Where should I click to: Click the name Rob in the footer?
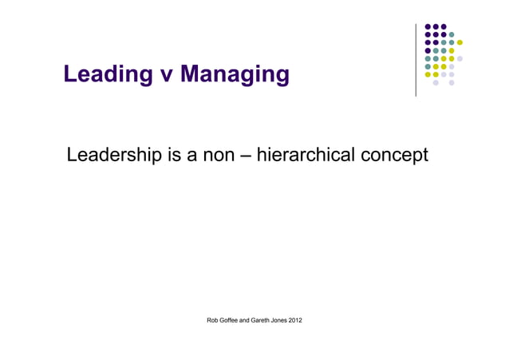213,321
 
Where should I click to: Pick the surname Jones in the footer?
294,321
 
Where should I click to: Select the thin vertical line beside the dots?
416,61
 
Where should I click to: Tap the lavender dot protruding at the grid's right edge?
460,58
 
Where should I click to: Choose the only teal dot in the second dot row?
452,34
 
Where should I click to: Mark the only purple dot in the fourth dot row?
428,50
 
